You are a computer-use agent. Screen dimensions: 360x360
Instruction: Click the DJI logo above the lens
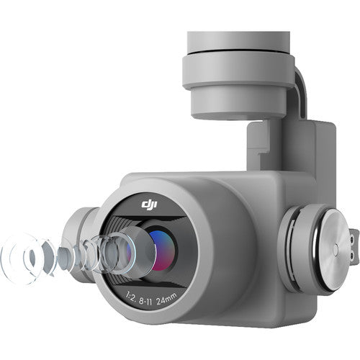149,204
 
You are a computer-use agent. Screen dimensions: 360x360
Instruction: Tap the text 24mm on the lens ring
166,299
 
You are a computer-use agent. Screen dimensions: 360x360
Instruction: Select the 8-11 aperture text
145,301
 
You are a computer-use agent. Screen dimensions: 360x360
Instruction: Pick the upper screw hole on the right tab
352,240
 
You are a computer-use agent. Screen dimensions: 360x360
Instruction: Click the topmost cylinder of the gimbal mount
238,41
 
